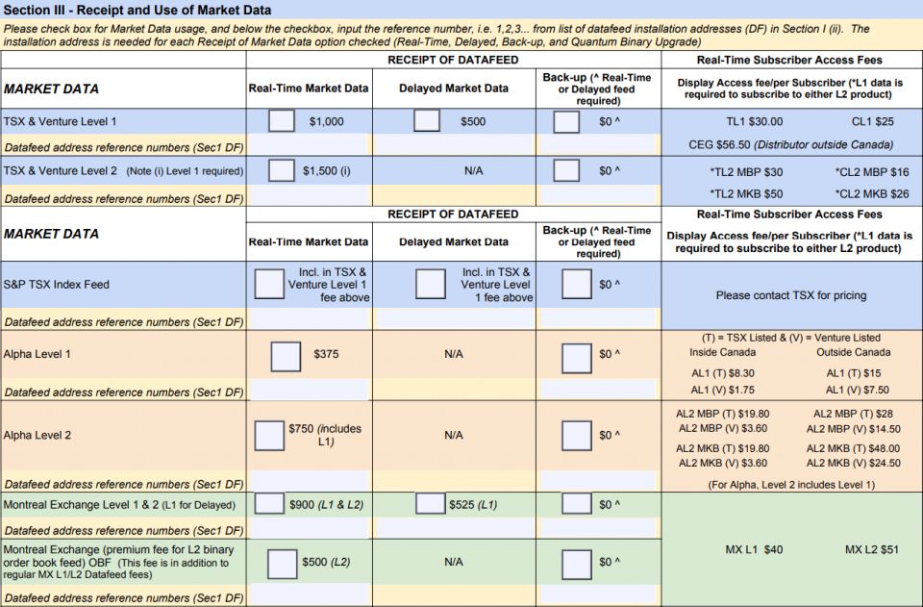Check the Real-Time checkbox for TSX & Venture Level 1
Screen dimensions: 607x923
(x=282, y=121)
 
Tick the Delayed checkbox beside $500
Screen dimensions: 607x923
(x=426, y=121)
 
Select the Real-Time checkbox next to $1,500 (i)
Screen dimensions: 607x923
(x=282, y=170)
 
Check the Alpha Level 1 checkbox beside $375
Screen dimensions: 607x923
(x=286, y=356)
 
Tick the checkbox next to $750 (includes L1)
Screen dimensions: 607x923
(x=268, y=435)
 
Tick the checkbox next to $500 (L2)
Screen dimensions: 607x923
(x=282, y=562)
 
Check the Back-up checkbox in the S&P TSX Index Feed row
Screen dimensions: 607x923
(x=576, y=284)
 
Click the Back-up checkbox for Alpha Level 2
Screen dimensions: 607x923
(x=576, y=435)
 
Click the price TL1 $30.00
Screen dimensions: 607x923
(x=754, y=122)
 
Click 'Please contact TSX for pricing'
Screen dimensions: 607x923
(x=790, y=295)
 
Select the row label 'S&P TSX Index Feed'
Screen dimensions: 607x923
(x=57, y=285)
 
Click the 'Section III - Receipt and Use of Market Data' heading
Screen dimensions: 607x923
(x=137, y=10)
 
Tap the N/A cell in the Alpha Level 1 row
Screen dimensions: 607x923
(x=454, y=354)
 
